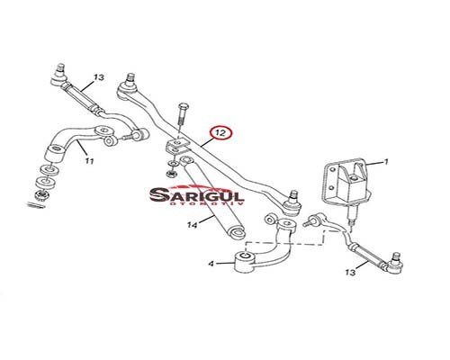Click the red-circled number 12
[220, 133]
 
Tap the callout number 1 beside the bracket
[386, 162]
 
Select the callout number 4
[211, 264]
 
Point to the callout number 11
[89, 161]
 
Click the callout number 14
[193, 225]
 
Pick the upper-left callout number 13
[98, 77]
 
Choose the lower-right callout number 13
[350, 273]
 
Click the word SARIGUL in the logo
[197, 195]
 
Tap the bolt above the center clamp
[182, 114]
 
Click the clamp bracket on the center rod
[177, 146]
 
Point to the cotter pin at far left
[36, 205]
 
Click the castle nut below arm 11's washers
[41, 195]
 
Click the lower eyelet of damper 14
[236, 232]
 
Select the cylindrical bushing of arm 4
[245, 262]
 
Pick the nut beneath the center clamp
[172, 174]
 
